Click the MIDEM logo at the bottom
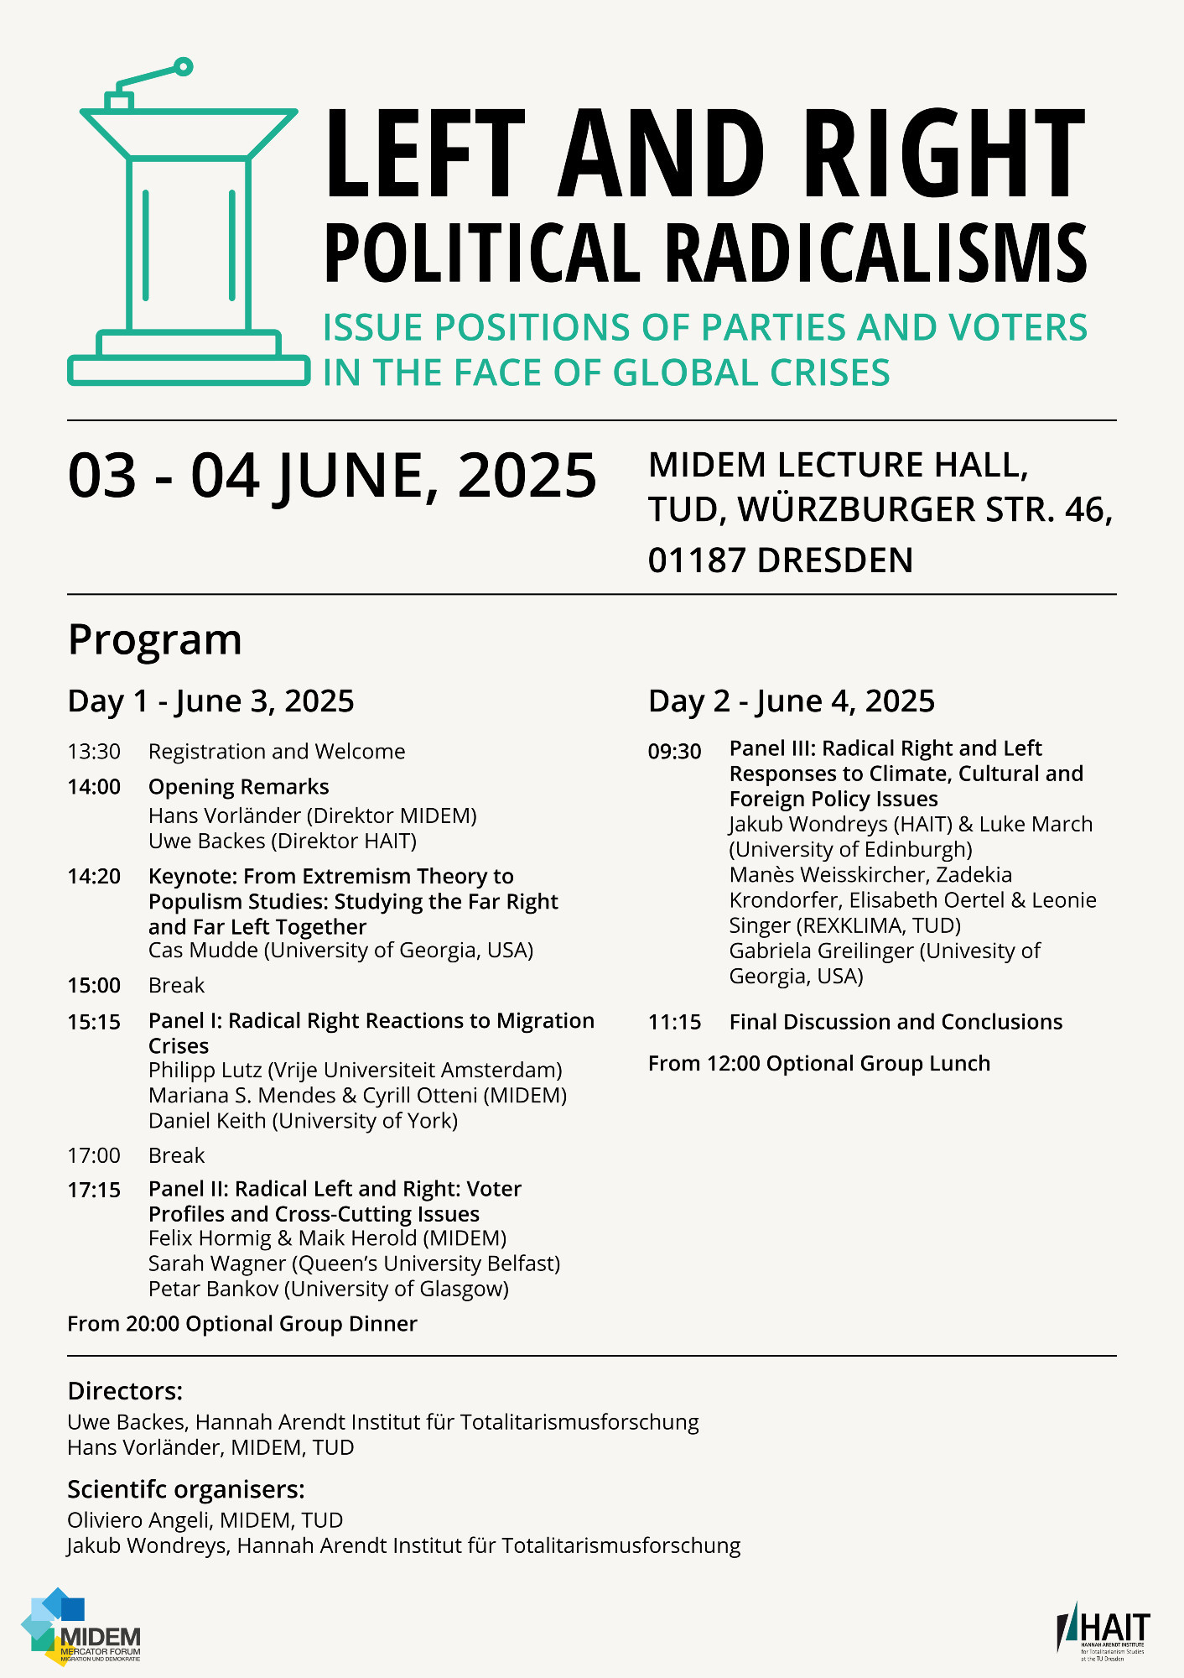click(81, 1627)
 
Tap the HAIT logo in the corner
click(1103, 1631)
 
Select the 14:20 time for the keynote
click(94, 877)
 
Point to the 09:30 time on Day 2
click(674, 752)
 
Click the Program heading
click(155, 640)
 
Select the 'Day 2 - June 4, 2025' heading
click(791, 701)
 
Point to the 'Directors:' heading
click(125, 1391)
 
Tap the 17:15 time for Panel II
click(94, 1191)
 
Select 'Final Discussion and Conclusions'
click(896, 1022)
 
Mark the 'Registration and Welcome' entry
click(277, 752)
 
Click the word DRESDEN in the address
click(834, 560)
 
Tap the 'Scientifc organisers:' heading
click(185, 1489)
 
